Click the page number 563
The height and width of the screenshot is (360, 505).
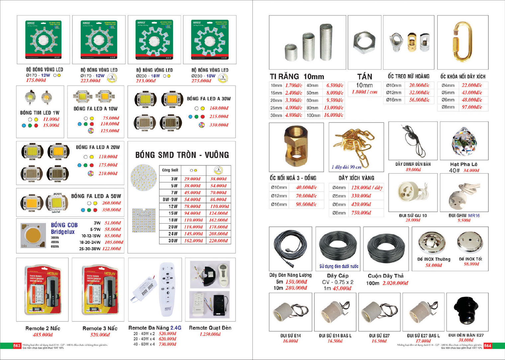tap(17, 346)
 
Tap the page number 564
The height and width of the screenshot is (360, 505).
tap(487, 346)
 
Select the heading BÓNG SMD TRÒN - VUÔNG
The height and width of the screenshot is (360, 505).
tap(182, 155)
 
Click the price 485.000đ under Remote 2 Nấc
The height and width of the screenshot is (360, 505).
tap(43, 335)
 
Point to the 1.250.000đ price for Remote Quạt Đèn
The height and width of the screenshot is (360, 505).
tap(210, 334)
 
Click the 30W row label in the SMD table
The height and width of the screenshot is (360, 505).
tap(173, 241)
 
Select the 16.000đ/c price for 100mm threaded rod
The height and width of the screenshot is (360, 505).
tap(333, 115)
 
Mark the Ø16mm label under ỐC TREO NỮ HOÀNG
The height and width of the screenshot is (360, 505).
tap(394, 100)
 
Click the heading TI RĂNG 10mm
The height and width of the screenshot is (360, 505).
tap(297, 76)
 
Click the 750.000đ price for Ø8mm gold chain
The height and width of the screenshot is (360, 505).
tap(361, 213)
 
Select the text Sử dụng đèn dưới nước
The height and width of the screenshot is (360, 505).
tap(339, 266)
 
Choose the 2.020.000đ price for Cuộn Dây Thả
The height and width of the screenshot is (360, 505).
tap(395, 283)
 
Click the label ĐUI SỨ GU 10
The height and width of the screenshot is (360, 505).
tap(413, 215)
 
